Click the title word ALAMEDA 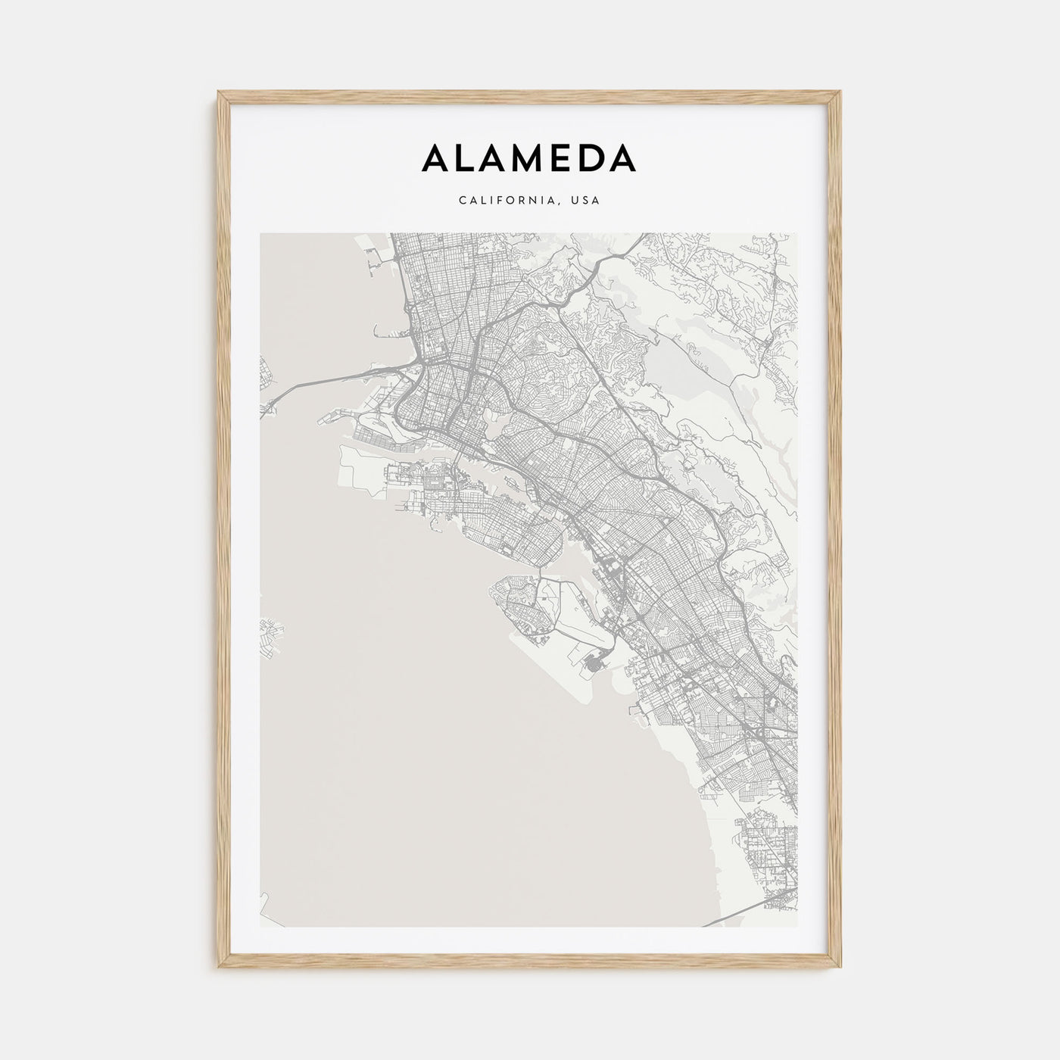tap(529, 158)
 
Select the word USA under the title tap(587, 201)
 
